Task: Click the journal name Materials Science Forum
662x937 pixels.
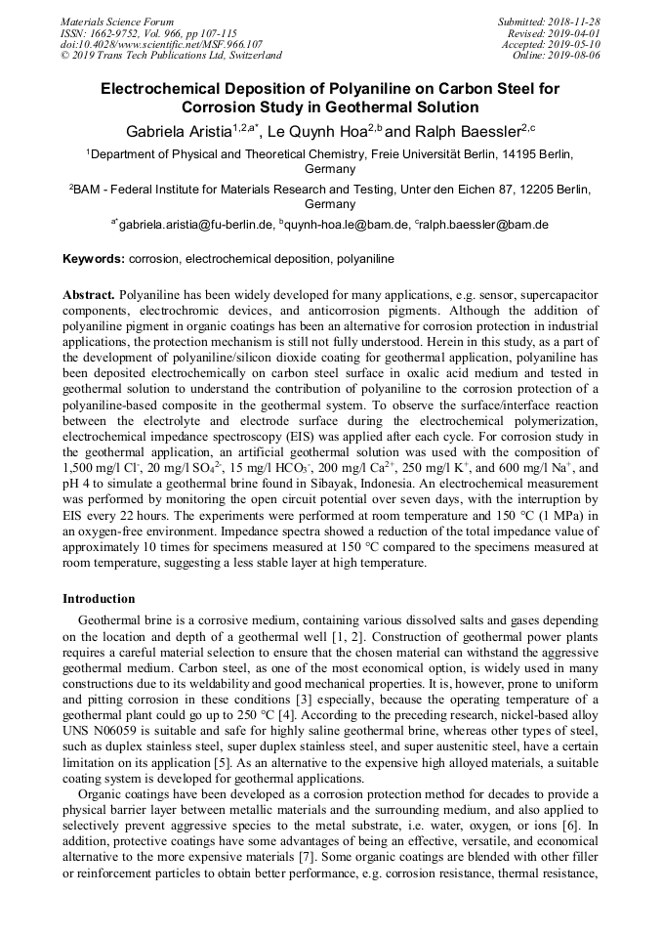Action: [x=117, y=21]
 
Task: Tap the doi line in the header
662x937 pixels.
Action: [x=161, y=44]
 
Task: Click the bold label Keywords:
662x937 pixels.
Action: [x=94, y=260]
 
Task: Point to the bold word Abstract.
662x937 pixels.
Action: [x=89, y=294]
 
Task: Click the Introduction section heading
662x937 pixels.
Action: [x=99, y=598]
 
